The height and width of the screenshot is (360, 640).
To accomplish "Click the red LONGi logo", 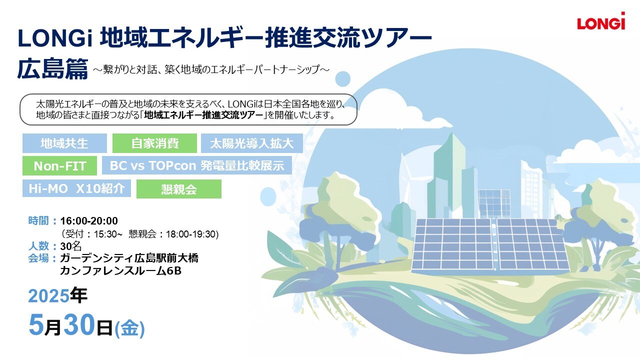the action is point(601,21).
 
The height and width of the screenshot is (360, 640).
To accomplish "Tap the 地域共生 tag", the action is point(64,143).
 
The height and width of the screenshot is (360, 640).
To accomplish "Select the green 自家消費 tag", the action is point(154,143).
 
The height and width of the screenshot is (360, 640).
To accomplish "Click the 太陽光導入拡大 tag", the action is point(251,143).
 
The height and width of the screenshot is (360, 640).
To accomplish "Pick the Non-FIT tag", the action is point(59,165).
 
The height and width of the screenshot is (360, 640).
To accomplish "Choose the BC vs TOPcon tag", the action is point(197,165).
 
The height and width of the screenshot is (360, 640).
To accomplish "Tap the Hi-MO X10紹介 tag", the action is point(76,188).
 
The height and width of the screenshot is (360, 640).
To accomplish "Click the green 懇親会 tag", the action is point(179,189).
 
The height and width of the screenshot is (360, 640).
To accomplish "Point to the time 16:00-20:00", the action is point(89,221).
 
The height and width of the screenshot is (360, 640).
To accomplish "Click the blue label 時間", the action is point(38,220).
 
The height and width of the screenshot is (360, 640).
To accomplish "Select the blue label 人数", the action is point(38,245).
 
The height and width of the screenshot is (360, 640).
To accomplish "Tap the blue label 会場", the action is point(38,258).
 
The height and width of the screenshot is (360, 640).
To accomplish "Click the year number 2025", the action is point(48,296).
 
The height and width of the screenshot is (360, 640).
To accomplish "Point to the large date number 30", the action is point(79,324).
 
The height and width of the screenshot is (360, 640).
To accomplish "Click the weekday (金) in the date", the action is point(129,329).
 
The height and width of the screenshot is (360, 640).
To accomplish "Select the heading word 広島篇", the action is point(52,69).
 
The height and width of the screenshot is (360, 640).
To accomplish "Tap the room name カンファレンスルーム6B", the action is point(120,270).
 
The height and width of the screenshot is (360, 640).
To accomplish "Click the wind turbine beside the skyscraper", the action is point(405,183).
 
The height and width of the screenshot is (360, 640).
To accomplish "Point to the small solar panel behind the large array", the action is point(494,203).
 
